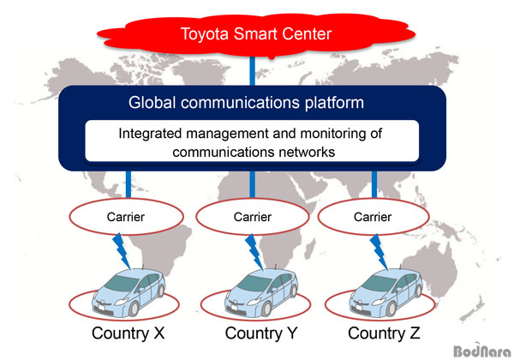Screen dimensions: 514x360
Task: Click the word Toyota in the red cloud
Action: (204, 34)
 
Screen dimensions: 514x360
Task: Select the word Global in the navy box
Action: (152, 103)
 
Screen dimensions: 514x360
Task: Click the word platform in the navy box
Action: (334, 103)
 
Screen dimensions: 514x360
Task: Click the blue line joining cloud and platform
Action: (252, 71)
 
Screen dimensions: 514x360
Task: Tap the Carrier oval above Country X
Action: (126, 216)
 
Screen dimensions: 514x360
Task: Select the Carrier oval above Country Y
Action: (253, 216)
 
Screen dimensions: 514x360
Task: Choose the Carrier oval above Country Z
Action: (373, 216)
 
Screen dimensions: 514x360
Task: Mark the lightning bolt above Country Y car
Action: (254, 251)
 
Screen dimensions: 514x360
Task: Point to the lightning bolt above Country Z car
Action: (380, 251)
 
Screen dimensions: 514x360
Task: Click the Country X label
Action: (128, 333)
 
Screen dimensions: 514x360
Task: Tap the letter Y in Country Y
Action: (290, 333)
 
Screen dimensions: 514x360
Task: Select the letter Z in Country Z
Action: (415, 333)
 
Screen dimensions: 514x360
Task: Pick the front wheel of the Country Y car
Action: (266, 309)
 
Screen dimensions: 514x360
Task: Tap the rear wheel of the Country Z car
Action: (418, 291)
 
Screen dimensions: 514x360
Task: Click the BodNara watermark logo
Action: (482, 351)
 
